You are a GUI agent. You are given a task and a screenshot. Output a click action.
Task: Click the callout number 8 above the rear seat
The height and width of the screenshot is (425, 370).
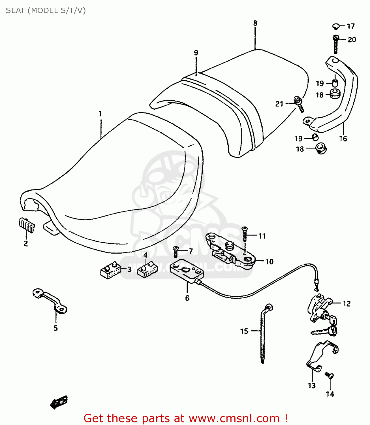[x=255, y=23]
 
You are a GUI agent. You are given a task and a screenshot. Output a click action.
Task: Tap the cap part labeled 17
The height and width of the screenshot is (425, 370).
[x=336, y=26]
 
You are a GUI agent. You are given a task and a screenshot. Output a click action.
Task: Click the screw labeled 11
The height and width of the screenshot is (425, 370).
[x=245, y=234]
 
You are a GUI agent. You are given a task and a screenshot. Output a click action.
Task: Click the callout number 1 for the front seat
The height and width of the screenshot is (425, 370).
[x=100, y=114]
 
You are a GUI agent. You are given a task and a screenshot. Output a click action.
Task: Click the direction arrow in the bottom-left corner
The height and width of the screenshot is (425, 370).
[x=59, y=402]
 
